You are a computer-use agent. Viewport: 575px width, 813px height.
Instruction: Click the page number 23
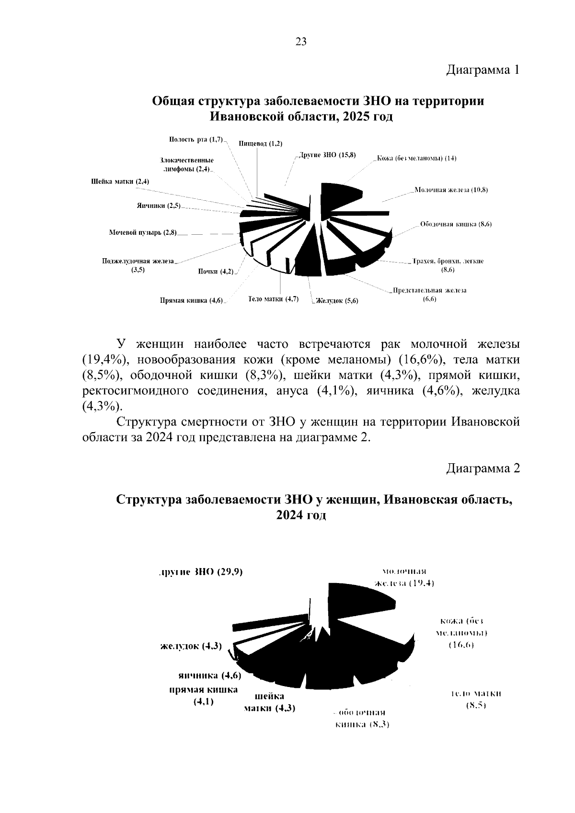[300, 42]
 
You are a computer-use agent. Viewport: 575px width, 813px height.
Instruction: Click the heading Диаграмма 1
[483, 70]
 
